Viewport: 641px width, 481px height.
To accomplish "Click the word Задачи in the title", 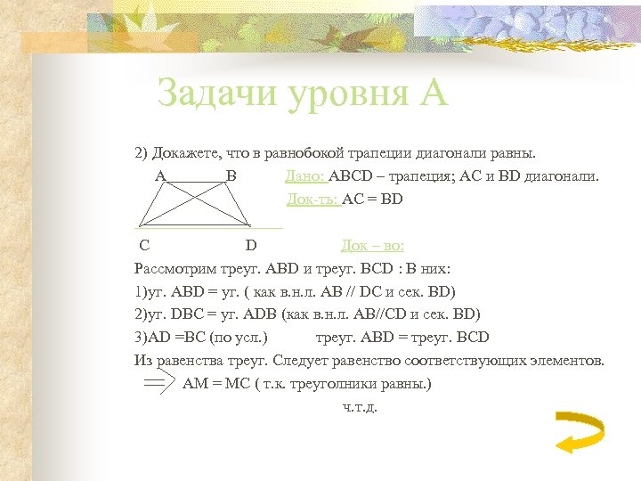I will click(x=215, y=94).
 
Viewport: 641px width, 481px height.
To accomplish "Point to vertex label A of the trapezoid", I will click(x=160, y=176).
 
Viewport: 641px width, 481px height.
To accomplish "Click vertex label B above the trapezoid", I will click(x=231, y=176).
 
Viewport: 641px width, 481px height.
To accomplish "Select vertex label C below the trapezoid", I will click(x=143, y=245).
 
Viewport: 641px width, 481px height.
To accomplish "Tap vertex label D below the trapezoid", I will click(x=251, y=245).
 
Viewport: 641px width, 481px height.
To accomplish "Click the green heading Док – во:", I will click(x=372, y=245).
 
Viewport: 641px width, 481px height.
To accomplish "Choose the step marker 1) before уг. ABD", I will click(x=139, y=291).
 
